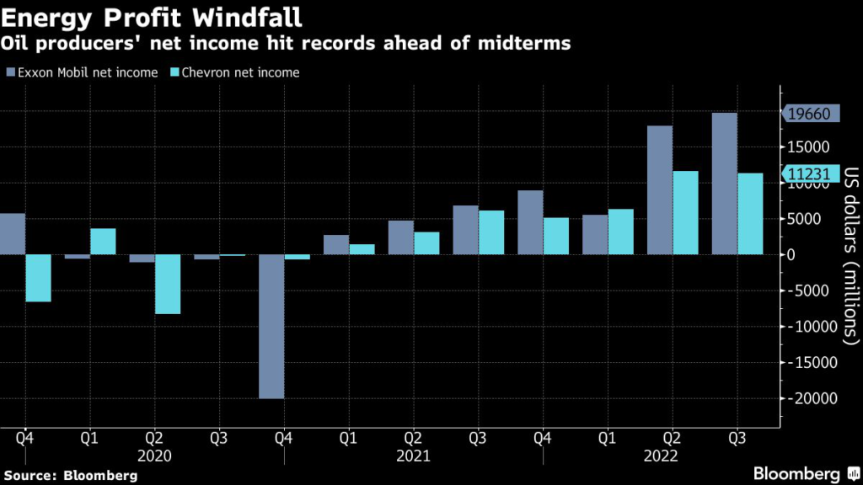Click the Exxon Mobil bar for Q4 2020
coord(271,326)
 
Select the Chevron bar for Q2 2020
coord(167,284)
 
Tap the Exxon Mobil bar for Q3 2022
coord(725,184)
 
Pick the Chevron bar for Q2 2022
coord(686,212)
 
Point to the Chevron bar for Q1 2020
coord(103,242)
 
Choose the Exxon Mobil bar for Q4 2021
coord(530,222)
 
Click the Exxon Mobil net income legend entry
coord(83,72)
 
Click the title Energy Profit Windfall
coord(153,16)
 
